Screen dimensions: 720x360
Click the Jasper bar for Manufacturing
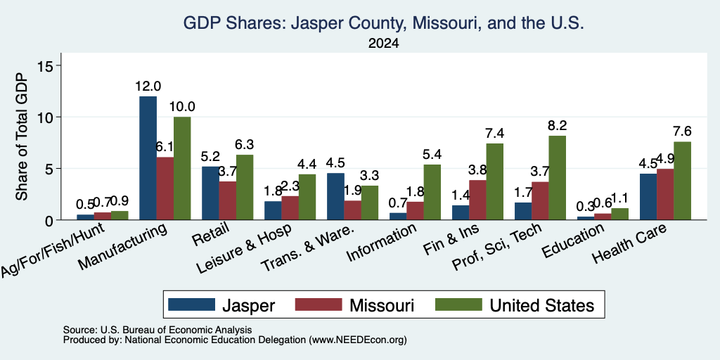click(148, 158)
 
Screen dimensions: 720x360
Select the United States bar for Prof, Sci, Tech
click(558, 178)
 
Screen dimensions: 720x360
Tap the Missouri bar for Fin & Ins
click(478, 200)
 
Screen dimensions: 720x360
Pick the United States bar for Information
click(432, 192)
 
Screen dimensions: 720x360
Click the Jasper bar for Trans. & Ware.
click(335, 197)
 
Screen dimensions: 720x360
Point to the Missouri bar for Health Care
click(665, 194)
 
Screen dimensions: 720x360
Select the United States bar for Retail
click(245, 187)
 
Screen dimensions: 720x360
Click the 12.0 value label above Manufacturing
click(148, 86)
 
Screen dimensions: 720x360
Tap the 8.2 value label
click(558, 126)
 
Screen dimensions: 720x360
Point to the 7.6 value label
click(682, 131)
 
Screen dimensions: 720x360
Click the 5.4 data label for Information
click(432, 155)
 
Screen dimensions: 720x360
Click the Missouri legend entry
click(354, 305)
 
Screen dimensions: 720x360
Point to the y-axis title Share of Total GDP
click(22, 136)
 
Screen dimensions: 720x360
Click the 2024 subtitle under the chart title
click(383, 44)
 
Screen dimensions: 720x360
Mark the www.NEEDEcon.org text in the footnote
click(358, 340)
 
